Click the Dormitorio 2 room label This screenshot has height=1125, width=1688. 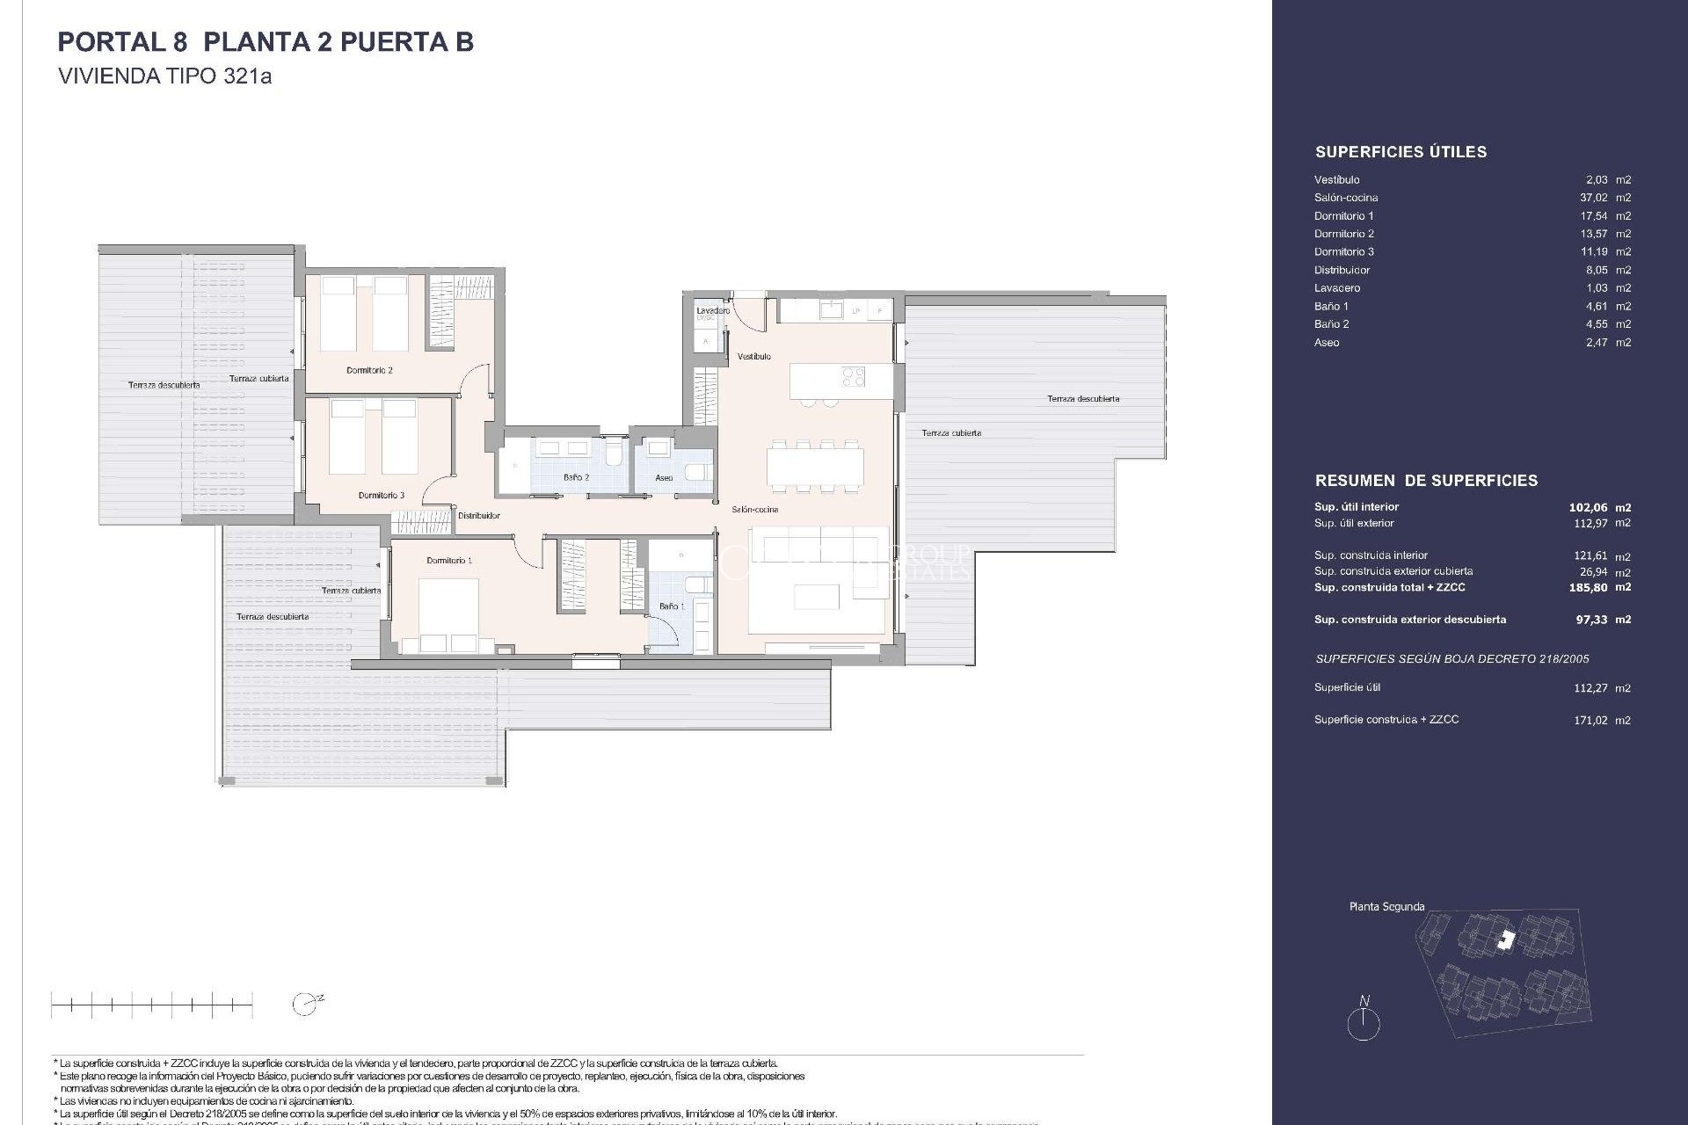(369, 370)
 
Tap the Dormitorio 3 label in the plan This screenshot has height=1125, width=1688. (382, 495)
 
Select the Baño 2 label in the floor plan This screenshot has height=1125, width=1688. (576, 477)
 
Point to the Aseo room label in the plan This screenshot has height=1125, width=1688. (664, 478)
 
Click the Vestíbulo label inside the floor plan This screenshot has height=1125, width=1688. (753, 356)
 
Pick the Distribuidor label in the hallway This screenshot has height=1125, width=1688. (478, 516)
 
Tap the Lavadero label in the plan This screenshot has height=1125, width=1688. (712, 310)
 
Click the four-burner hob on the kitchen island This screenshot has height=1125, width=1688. (854, 377)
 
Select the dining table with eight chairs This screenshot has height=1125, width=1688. (815, 466)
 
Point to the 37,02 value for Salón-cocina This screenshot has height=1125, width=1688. (1593, 198)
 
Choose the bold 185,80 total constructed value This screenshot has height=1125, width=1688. (1588, 587)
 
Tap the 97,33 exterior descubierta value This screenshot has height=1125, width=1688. (1591, 620)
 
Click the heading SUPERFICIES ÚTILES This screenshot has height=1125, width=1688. (1401, 152)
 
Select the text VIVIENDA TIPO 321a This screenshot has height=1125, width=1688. (164, 76)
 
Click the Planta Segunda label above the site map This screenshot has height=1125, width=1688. (1386, 906)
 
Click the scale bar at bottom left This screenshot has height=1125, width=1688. (151, 1004)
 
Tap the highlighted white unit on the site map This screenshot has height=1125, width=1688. (1507, 940)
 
